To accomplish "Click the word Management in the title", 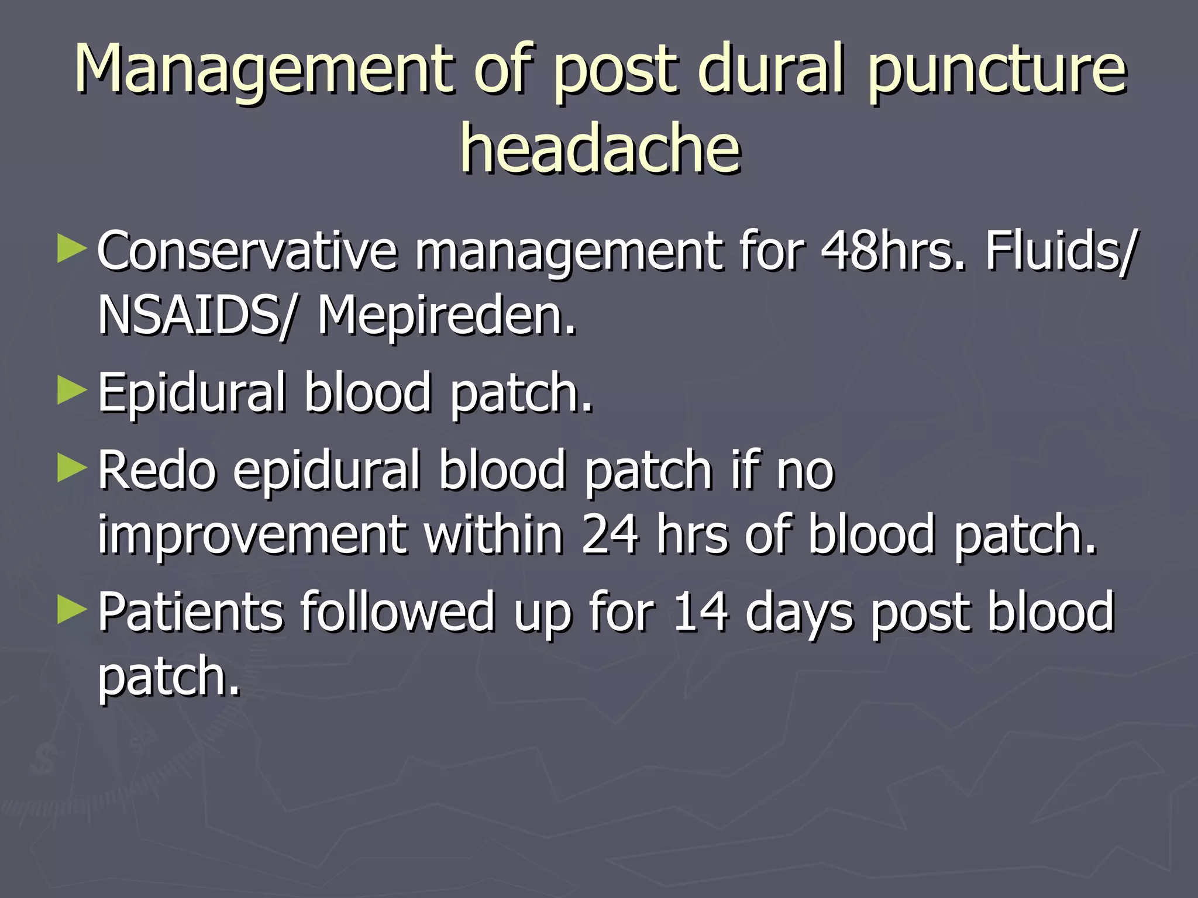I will (263, 70).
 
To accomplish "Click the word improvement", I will (252, 534).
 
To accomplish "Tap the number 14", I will (700, 612).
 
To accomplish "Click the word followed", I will (398, 612).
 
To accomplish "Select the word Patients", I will (190, 612).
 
